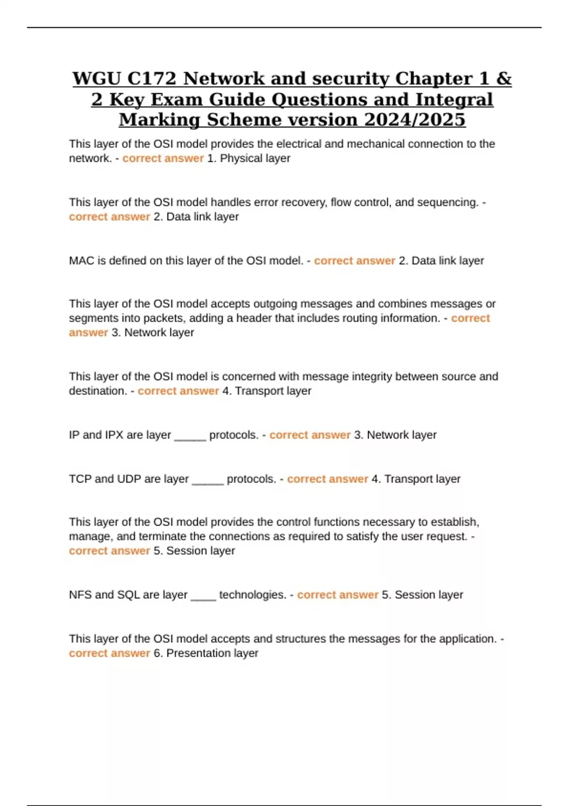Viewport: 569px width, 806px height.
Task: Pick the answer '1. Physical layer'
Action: pos(249,158)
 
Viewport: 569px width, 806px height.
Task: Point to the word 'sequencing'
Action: pos(449,202)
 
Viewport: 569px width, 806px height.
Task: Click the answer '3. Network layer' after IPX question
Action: pos(395,435)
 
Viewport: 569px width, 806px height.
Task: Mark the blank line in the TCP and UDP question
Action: pos(208,480)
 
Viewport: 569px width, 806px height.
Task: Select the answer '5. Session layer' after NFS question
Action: pos(422,595)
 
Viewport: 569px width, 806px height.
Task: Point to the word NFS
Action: pos(81,595)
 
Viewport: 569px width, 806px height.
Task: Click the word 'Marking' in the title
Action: pos(161,119)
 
